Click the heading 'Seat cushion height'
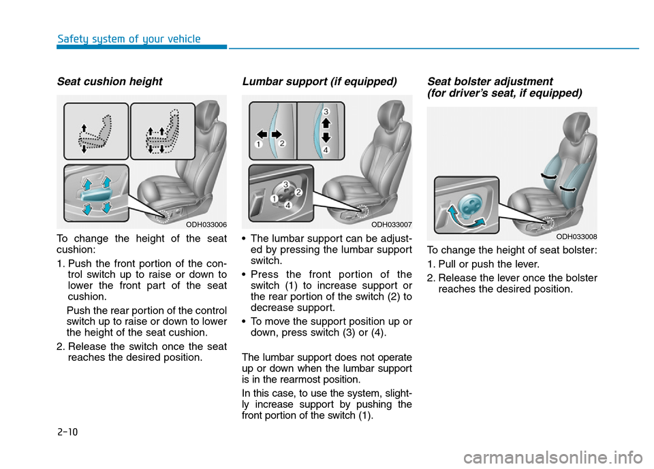point(110,82)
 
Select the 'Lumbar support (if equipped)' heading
point(319,82)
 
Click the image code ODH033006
point(206,224)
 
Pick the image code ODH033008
point(576,236)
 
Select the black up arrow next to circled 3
point(326,123)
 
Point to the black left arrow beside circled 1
point(261,134)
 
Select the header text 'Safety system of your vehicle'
point(129,39)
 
